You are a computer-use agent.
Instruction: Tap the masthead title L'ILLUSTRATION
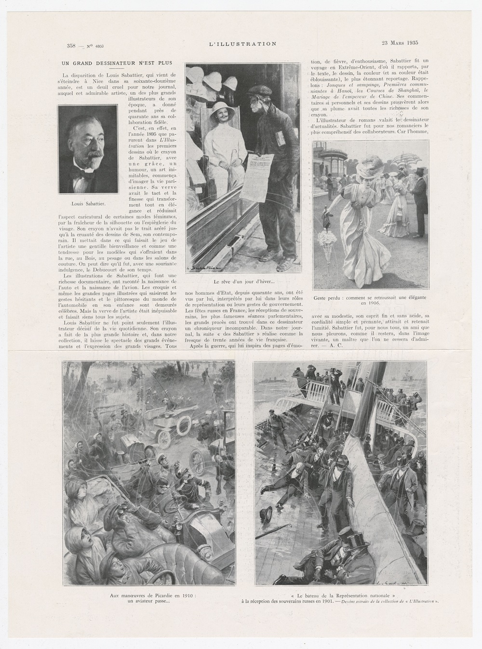tap(242, 44)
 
